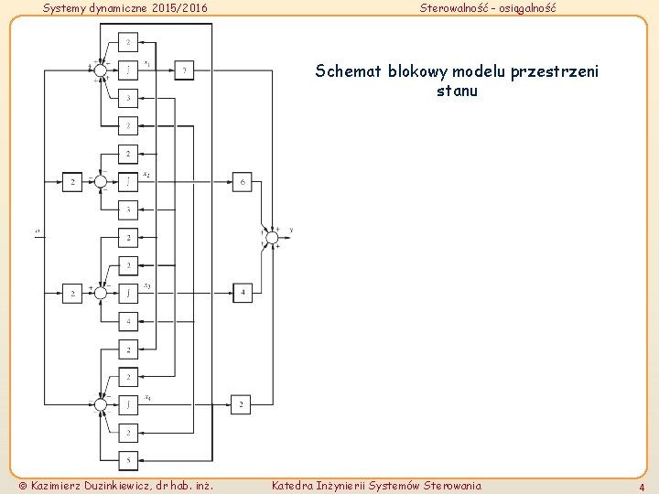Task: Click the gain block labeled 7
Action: [184, 70]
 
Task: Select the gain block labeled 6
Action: [242, 182]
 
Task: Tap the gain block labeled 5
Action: [128, 458]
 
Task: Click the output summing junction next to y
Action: [271, 238]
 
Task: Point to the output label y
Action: [291, 230]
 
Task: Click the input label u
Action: [38, 231]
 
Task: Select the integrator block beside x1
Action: [128, 70]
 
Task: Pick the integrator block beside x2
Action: [128, 182]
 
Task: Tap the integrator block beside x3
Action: [128, 293]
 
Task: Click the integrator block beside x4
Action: [128, 403]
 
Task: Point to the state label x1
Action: [147, 62]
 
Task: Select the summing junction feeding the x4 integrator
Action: [100, 403]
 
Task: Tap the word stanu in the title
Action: [458, 91]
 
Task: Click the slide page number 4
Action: [642, 488]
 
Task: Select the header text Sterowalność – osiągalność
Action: [487, 8]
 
